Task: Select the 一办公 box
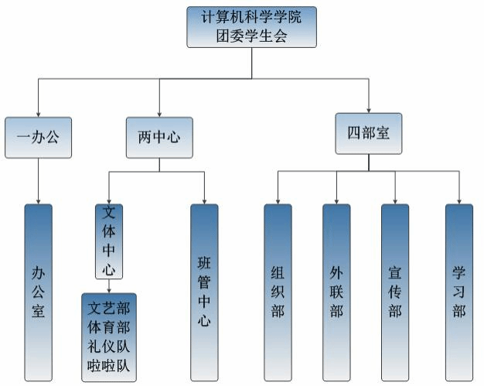pyautogui.click(x=38, y=138)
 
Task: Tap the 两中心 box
pyautogui.click(x=159, y=138)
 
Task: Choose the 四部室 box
pyautogui.click(x=369, y=134)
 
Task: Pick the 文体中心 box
pyautogui.click(x=109, y=241)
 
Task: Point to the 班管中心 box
pyautogui.click(x=204, y=292)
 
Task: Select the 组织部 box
pyautogui.click(x=278, y=292)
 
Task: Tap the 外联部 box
pyautogui.click(x=336, y=292)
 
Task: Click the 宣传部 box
pyautogui.click(x=395, y=292)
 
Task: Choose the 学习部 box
pyautogui.click(x=459, y=292)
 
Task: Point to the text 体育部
pyautogui.click(x=108, y=324)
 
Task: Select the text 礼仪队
pyautogui.click(x=108, y=344)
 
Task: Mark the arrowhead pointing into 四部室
pyautogui.click(x=369, y=110)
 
